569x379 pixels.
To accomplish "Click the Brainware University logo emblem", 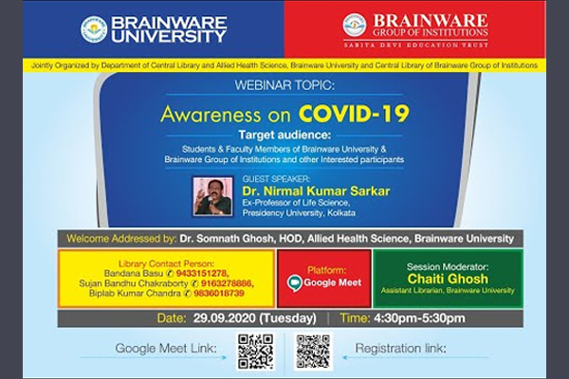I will click(94, 29).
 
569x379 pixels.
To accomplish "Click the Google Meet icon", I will click(295, 283).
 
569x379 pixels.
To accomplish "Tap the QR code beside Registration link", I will click(313, 351).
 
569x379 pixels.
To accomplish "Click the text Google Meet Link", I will click(165, 350).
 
